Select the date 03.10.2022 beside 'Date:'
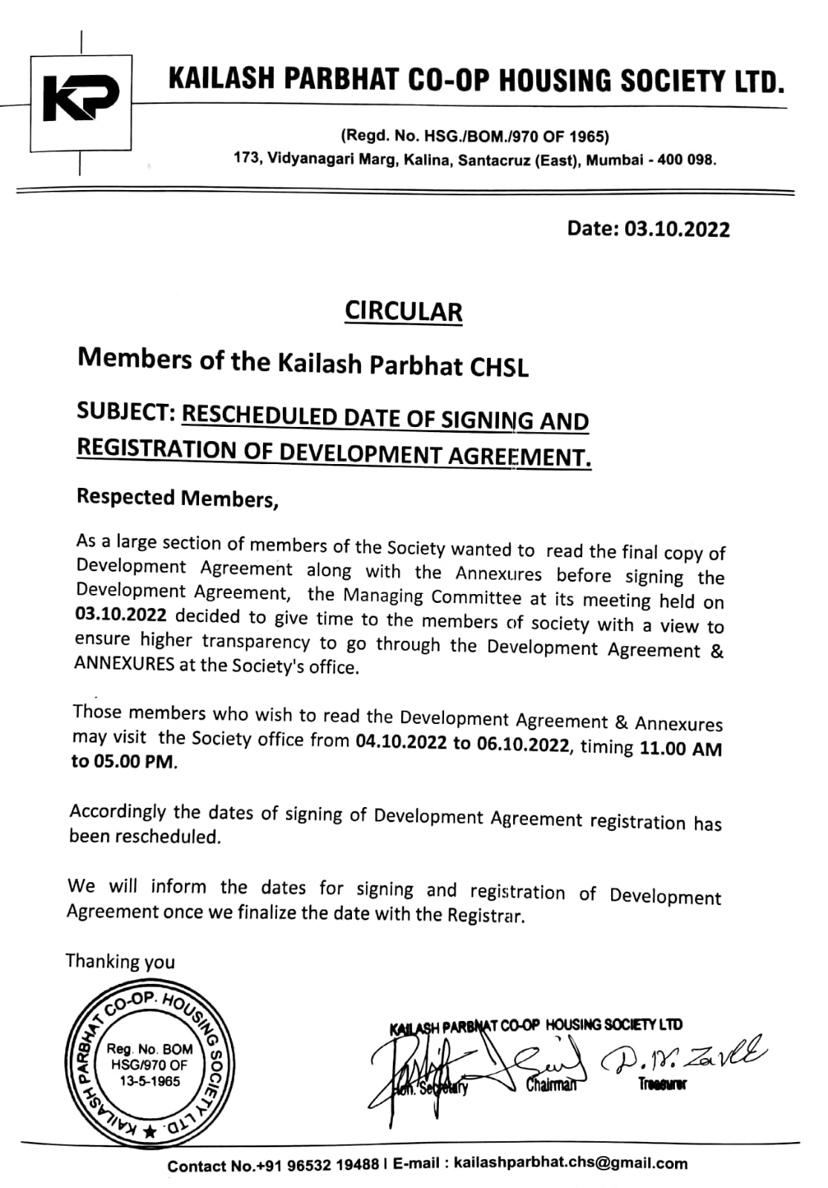pos(677,229)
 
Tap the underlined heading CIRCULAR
pos(403,311)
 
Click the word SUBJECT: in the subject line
pos(125,413)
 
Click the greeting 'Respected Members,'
pos(177,498)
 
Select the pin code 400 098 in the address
pos(685,160)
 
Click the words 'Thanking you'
pos(120,962)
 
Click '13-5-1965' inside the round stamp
pos(150,1081)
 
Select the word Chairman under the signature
pos(551,1086)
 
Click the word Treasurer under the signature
pos(662,1085)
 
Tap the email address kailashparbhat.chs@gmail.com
pos(570,1163)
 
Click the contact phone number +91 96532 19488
pos(317,1165)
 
